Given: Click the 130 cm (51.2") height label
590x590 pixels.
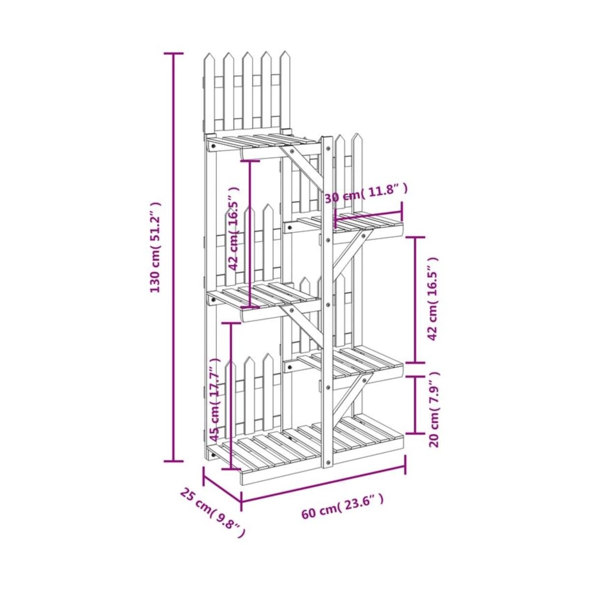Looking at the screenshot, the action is (155, 247).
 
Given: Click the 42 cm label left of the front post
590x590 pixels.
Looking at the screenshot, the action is (234, 229).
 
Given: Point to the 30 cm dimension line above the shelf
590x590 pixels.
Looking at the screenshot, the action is (369, 215).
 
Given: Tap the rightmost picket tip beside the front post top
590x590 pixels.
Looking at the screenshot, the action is (356, 137).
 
